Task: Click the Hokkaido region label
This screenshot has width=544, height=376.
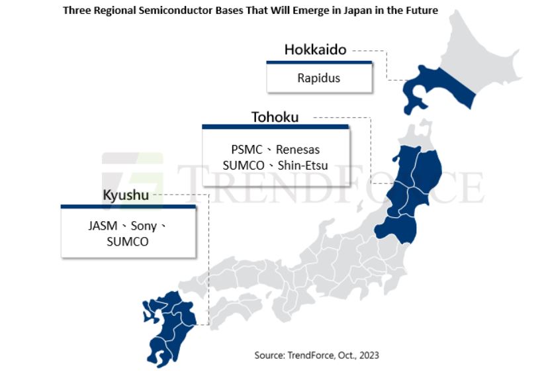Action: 315,50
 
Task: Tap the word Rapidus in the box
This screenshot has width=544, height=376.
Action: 318,78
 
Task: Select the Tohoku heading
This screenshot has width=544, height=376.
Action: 275,117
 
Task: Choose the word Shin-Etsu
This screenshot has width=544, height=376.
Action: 303,165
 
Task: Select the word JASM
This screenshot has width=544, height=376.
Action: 103,226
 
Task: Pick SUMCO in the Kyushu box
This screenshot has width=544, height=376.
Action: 127,242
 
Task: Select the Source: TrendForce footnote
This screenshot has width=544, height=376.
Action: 316,355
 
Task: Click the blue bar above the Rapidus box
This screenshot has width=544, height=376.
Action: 318,62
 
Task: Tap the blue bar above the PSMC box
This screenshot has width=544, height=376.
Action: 275,126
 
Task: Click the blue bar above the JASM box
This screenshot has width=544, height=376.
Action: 128,207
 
